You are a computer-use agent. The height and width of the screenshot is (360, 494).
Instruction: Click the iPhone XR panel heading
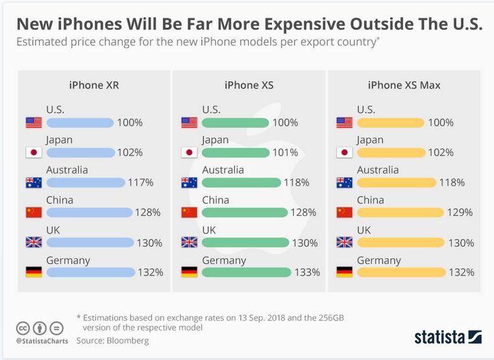93,85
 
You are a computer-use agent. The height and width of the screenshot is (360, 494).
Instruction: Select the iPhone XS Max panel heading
405,85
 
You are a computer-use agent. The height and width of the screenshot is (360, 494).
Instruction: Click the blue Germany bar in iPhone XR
90,272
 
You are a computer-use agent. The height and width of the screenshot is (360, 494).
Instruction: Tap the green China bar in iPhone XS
244,213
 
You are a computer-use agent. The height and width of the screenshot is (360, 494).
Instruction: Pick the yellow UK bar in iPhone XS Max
401,243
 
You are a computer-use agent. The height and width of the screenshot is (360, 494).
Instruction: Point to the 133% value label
306,272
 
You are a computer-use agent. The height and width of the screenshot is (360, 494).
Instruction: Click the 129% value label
460,213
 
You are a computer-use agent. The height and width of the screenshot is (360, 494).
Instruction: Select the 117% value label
140,183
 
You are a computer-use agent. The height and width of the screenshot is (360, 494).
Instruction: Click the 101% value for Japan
285,153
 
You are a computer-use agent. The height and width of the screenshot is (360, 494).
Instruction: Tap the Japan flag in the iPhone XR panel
33,153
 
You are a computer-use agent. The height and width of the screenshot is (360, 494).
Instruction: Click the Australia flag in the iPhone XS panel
189,183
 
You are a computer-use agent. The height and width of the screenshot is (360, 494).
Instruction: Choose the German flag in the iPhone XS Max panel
345,272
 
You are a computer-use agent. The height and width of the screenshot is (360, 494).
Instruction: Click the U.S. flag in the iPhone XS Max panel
345,123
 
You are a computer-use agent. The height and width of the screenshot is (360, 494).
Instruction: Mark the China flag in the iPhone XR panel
33,213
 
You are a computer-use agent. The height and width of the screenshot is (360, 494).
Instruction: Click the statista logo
447,337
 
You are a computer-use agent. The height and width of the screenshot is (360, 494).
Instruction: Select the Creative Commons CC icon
22,328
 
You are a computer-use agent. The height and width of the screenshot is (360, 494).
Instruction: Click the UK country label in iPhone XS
209,230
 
